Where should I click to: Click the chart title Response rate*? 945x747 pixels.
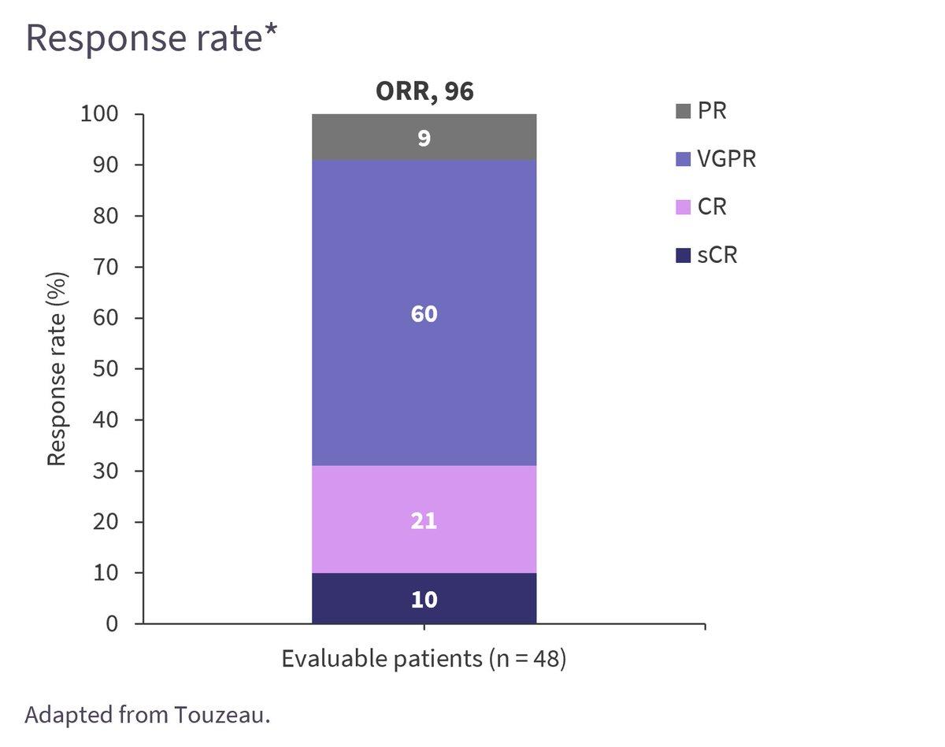[152, 38]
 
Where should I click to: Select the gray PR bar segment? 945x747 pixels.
[424, 137]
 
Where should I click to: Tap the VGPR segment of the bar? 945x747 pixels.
[424, 313]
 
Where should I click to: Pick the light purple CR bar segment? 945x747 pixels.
[424, 520]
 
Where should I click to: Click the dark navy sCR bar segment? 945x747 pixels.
[424, 598]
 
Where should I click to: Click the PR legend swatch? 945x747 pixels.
[683, 111]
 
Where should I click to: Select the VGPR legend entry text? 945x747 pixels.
[727, 159]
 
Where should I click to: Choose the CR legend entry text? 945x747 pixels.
[712, 207]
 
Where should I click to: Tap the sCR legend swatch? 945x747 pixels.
[683, 256]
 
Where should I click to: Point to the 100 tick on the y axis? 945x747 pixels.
[99, 114]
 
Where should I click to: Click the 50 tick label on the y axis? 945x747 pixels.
[106, 368]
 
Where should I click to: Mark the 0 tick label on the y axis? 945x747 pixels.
[112, 623]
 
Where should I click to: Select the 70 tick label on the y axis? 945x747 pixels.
[106, 267]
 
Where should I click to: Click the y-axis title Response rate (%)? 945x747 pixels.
[57, 368]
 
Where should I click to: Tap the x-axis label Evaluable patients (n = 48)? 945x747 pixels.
[424, 658]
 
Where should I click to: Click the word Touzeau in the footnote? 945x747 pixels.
[219, 715]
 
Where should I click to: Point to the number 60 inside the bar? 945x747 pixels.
[424, 314]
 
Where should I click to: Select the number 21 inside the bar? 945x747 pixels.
[424, 521]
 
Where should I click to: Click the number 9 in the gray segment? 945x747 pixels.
[424, 139]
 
